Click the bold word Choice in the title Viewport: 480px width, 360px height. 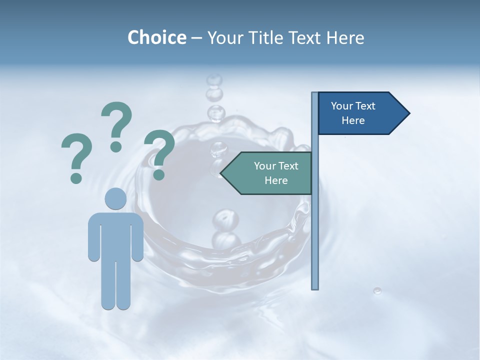point(156,37)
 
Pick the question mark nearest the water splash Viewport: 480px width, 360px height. point(159,152)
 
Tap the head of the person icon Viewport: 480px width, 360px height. point(115,198)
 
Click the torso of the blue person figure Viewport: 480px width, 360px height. point(115,235)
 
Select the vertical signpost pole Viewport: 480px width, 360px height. point(315,225)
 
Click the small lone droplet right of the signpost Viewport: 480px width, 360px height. point(377,290)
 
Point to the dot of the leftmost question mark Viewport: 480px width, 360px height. point(76,177)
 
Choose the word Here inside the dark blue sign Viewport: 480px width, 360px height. point(353,120)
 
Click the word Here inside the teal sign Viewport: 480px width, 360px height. point(276,180)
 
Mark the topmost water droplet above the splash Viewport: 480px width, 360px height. point(214,80)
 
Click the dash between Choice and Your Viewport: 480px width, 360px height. point(196,38)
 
